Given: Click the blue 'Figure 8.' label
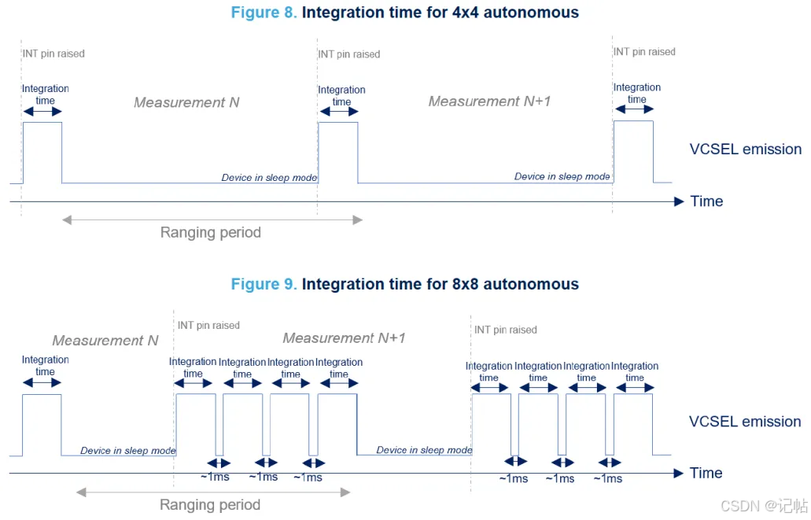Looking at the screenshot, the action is (264, 13).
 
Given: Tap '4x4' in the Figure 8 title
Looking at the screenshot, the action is (466, 13).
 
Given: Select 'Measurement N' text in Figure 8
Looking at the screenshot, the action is (186, 102).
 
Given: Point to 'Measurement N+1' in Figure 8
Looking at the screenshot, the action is (489, 101).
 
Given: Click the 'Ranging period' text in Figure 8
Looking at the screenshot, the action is (211, 233).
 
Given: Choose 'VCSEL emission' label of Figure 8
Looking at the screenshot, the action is (745, 149).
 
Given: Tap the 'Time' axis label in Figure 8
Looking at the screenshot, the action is (706, 201).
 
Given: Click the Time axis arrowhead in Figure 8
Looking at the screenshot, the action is (679, 202).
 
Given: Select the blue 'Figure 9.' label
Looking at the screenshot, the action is (264, 284).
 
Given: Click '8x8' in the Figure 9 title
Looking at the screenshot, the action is (466, 284).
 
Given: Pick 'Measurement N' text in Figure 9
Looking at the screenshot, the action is (105, 341).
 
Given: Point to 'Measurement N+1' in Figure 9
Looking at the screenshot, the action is (344, 338).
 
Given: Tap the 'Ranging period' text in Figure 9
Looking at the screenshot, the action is (210, 505).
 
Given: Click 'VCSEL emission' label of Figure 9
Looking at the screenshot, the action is (745, 422).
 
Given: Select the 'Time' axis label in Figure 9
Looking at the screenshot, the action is (706, 473).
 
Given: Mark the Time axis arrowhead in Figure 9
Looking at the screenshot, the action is (679, 474).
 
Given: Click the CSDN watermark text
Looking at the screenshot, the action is (764, 506).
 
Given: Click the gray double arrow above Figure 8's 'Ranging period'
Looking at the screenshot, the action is (212, 220).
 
